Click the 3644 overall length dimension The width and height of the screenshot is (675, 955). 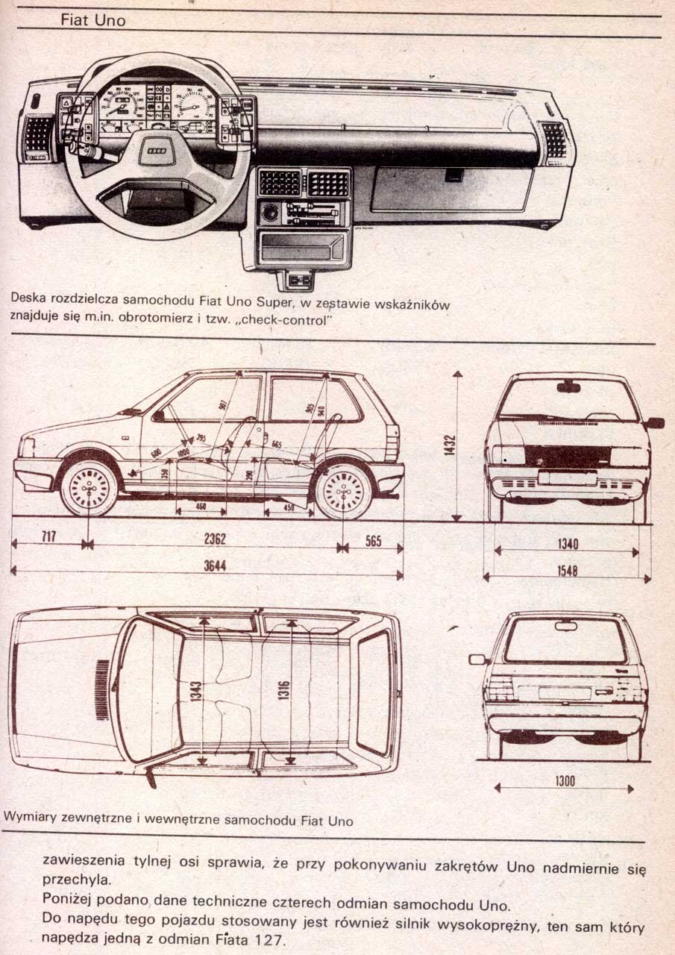click(215, 566)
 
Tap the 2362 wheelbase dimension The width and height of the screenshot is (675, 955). click(215, 539)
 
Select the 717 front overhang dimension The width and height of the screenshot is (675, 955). click(49, 537)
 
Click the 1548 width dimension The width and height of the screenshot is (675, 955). click(568, 571)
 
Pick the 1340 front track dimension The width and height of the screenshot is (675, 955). click(568, 545)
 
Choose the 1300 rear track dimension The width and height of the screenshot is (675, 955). click(565, 781)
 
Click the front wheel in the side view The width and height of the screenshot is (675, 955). click(89, 489)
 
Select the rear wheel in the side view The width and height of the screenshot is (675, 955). click(343, 492)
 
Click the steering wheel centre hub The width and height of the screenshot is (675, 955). click(158, 151)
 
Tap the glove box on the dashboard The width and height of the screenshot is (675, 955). click(452, 188)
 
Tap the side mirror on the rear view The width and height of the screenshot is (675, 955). click(477, 659)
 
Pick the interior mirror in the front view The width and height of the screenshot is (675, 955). click(568, 386)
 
